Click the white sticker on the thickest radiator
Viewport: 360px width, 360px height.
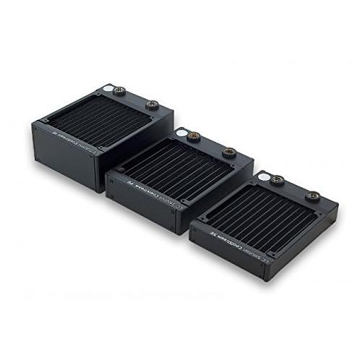[x=106, y=90]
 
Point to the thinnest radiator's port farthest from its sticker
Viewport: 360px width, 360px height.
[x=315, y=194]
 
